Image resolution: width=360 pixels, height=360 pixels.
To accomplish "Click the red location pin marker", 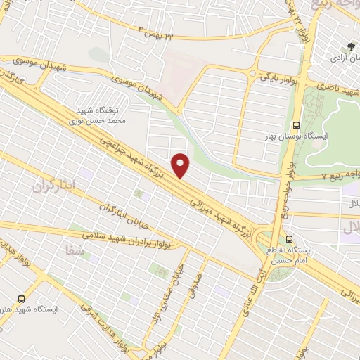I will coord(181,165).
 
